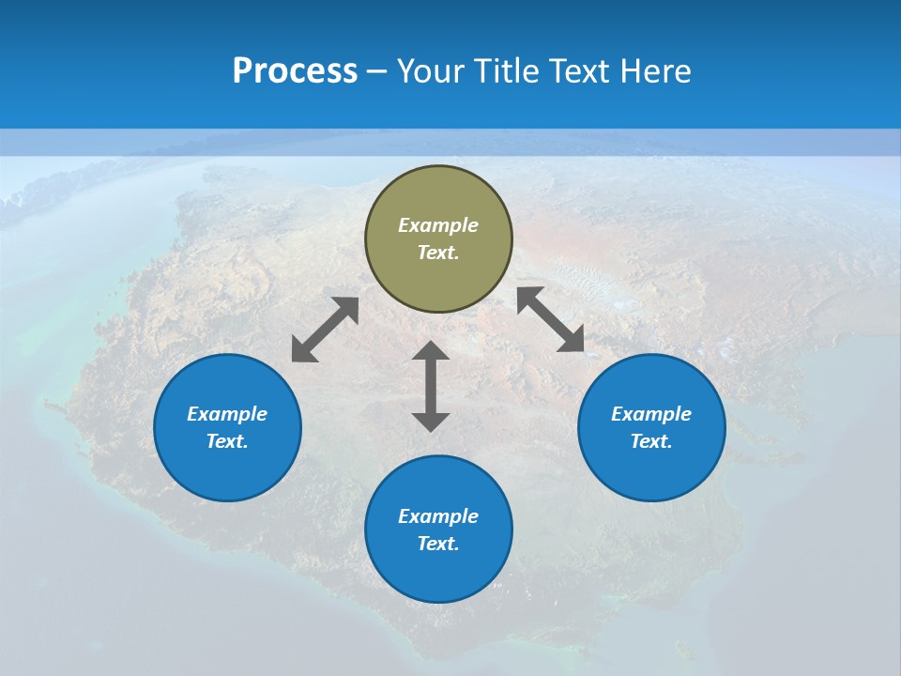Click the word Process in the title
point(295,71)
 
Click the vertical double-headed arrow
point(431,386)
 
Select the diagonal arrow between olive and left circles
point(325,330)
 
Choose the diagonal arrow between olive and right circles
point(551,319)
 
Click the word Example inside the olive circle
point(438,225)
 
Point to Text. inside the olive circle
point(438,253)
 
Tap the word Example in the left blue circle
point(227,414)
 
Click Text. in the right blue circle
point(651,441)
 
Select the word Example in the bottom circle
point(438,516)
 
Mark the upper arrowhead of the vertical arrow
point(431,351)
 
